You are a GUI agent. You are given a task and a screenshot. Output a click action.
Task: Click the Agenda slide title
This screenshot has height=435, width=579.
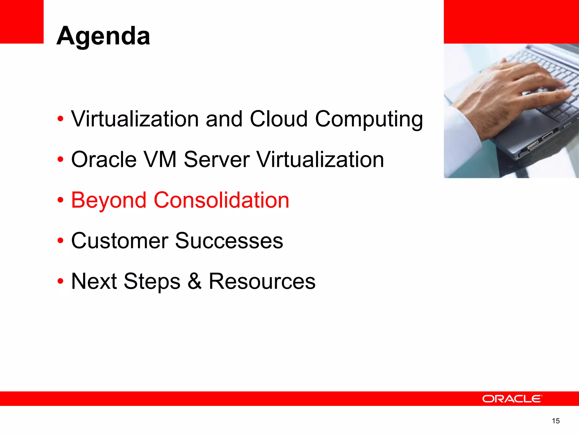(103, 36)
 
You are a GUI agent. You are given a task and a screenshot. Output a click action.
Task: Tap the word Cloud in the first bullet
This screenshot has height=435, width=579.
(278, 119)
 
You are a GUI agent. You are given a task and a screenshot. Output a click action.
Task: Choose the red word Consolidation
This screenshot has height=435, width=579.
(221, 200)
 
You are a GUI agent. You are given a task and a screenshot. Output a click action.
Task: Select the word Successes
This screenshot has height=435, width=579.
(229, 241)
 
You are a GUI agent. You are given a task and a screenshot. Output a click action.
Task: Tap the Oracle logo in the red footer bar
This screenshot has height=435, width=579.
(512, 399)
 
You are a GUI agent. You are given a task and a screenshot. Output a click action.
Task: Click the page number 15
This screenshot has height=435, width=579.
(556, 421)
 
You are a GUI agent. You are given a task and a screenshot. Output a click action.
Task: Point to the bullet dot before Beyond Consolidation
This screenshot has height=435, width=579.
(60, 200)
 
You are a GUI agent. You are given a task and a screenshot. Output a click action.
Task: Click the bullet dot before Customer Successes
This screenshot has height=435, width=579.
(60, 241)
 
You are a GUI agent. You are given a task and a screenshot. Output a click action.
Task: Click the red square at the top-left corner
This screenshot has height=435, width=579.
(21, 22)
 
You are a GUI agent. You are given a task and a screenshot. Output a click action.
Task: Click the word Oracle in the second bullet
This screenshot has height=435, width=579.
(104, 159)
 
